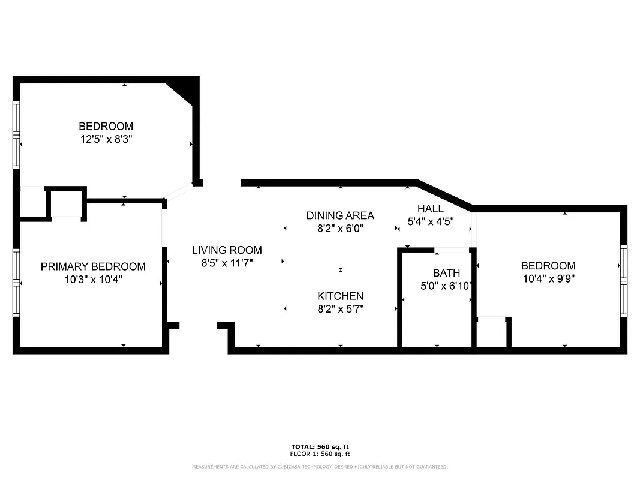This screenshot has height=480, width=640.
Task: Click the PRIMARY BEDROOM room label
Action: pos(93,266)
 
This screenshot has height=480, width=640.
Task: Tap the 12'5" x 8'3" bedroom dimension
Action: pos(106,139)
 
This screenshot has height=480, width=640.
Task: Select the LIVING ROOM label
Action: pos(227,250)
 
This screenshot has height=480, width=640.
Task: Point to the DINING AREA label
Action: pos(340,215)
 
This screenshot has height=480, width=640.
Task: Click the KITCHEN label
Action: pos(340,296)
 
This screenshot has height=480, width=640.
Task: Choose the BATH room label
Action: pos(446,273)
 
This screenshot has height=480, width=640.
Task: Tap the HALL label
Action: pos(430,208)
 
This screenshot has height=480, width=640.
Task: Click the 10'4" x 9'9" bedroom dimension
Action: pos(548,278)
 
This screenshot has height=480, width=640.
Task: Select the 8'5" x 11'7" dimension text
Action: pos(227,263)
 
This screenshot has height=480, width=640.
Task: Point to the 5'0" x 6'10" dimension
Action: pos(446,286)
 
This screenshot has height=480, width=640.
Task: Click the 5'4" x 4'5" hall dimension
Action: pos(430,221)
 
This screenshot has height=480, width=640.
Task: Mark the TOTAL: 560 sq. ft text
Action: pos(320,447)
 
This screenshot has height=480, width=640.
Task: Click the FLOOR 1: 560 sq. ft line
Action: pos(320,454)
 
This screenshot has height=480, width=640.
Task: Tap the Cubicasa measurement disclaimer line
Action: pos(320,467)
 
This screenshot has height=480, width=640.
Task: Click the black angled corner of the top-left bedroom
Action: pos(185,89)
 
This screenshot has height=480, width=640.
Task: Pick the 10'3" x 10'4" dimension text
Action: pos(93,279)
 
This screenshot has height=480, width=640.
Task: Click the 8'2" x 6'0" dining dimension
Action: pos(340,229)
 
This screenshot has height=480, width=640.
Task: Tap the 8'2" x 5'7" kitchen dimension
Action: pos(340,309)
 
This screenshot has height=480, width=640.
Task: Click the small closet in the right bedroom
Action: pos(491,334)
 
